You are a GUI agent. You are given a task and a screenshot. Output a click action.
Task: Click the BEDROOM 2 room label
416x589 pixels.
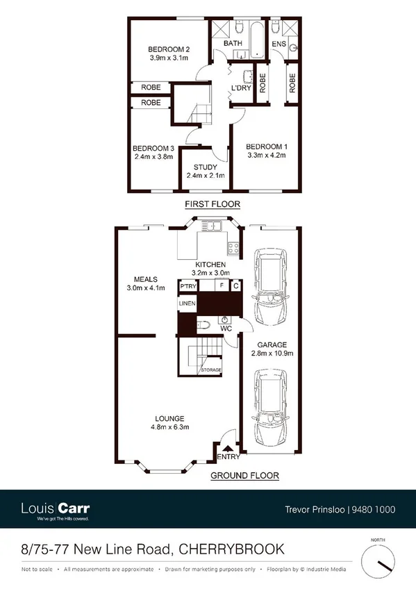point(169,49)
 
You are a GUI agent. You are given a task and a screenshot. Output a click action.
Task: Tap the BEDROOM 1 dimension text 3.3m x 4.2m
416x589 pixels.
point(267,156)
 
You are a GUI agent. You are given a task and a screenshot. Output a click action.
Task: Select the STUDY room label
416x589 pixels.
point(206,167)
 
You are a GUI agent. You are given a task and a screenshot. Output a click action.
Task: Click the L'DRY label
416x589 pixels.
point(240,88)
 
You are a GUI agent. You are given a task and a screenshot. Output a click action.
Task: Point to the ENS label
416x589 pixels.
point(278,44)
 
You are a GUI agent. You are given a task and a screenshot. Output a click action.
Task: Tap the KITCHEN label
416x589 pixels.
point(210,265)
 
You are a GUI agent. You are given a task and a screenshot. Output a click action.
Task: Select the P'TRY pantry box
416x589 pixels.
point(188,286)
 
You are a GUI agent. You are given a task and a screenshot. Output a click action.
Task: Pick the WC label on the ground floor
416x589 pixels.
point(226,328)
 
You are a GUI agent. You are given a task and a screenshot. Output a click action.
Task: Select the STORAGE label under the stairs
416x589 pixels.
point(211,370)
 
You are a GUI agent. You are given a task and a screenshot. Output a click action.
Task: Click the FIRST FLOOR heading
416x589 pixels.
point(212,204)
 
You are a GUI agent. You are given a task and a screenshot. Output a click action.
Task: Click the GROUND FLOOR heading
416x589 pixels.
point(245,476)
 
